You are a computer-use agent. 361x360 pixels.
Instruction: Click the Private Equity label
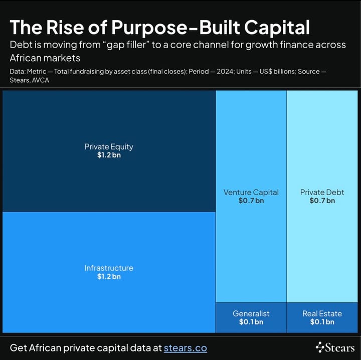[109, 147]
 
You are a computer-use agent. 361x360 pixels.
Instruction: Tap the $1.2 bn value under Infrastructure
[109, 276]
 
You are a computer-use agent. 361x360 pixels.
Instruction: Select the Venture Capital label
[251, 192]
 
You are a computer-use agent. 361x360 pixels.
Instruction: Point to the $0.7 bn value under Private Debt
[322, 201]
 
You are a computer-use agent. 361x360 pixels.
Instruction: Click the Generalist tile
[251, 317]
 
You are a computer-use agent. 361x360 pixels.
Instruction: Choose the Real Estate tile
[322, 317]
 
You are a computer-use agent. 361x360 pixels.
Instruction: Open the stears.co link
[185, 347]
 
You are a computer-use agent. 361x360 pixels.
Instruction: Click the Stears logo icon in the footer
[320, 347]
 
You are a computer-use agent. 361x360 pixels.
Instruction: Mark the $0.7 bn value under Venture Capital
[251, 201]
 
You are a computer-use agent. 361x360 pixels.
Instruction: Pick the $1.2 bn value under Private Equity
[109, 155]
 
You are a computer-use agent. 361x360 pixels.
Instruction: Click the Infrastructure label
[109, 268]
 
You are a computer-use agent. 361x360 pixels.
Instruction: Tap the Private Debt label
[322, 192]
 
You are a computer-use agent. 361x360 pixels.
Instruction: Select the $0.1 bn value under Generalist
[251, 322]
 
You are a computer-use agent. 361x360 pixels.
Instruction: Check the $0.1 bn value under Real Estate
[322, 322]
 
